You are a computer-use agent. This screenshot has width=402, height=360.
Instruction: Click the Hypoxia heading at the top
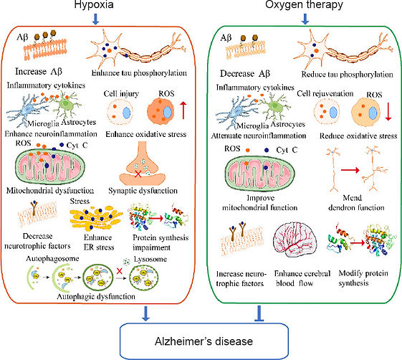[x=95, y=6]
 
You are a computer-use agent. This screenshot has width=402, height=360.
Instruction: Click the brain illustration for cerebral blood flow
[x=299, y=244]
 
